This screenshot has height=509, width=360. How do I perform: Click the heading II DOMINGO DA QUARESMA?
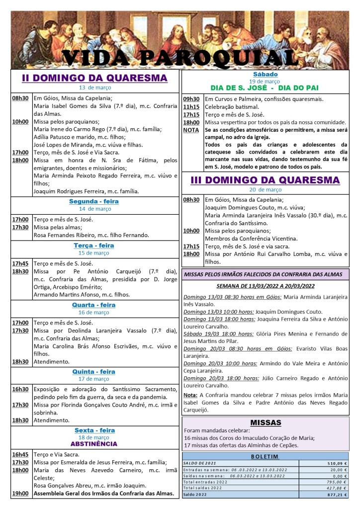(94, 78)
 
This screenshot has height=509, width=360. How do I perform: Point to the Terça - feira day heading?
(94, 245)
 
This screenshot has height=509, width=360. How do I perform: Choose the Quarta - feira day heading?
(94, 305)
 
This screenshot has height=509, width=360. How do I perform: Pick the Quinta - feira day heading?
(94, 371)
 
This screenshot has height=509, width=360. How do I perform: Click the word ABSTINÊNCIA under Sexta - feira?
(94, 443)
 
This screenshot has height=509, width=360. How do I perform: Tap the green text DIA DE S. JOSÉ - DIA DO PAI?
(264, 88)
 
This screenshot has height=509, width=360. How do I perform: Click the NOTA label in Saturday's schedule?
(191, 130)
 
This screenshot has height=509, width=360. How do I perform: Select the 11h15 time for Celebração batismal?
(191, 106)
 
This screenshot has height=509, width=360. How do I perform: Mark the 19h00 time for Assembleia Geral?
(20, 494)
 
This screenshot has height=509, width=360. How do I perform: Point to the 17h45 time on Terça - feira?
(20, 263)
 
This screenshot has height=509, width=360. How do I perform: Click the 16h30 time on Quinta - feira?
(20, 389)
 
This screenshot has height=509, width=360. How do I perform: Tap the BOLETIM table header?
(265, 456)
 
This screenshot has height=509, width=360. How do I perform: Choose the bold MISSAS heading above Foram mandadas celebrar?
(266, 423)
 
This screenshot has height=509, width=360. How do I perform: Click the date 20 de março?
(265, 189)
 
